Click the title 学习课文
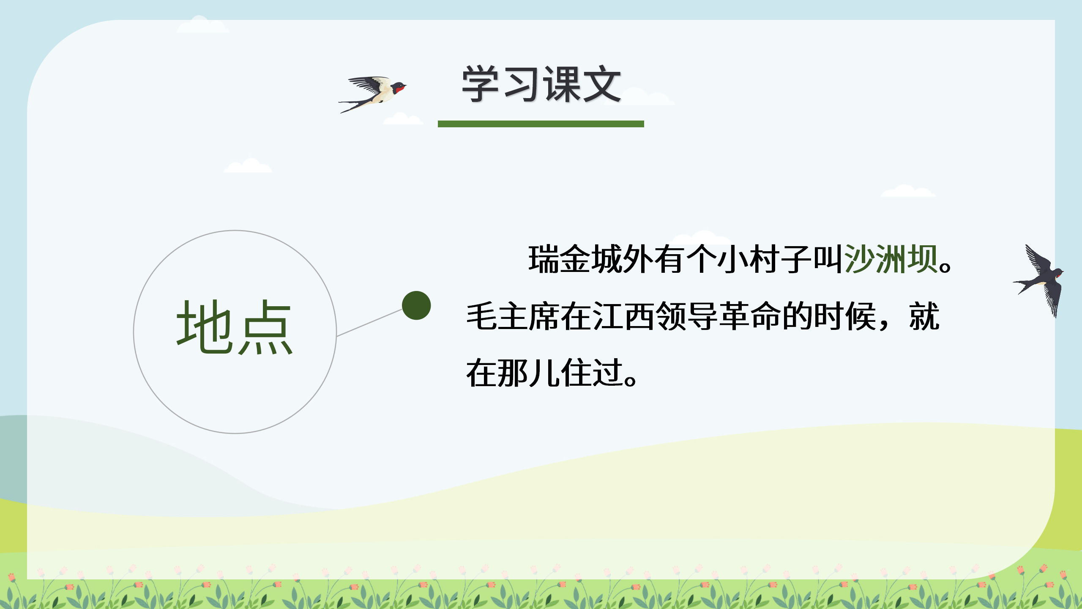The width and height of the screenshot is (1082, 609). pyautogui.click(x=541, y=85)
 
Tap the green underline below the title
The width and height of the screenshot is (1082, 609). pyautogui.click(x=541, y=124)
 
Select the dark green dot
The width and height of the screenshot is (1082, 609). pyautogui.click(x=416, y=305)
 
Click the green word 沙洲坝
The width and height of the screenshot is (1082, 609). pyautogui.click(x=891, y=259)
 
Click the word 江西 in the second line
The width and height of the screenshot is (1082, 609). pyautogui.click(x=623, y=316)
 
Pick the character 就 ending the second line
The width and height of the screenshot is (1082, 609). pyautogui.click(x=924, y=316)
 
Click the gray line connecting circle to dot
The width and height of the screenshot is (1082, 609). pyautogui.click(x=369, y=322)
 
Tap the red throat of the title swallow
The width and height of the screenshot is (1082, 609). pyautogui.click(x=399, y=89)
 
